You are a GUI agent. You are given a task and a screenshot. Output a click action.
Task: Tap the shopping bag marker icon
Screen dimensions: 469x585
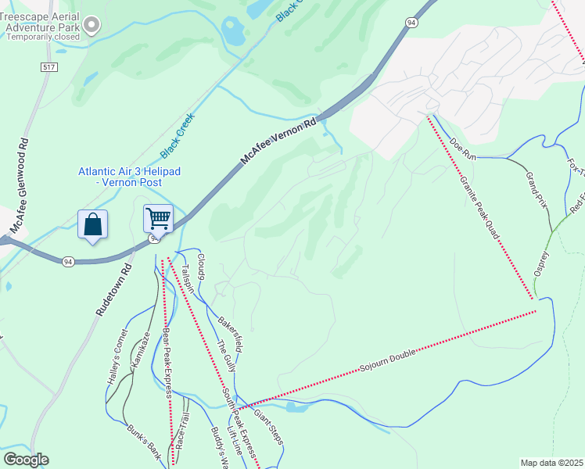pos(93,224)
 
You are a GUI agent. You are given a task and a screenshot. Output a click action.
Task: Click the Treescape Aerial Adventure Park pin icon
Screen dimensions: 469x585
pos(92,25)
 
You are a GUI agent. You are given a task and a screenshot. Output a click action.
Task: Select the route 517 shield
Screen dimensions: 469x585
pos(49,68)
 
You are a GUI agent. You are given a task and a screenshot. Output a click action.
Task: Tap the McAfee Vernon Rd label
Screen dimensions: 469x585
pos(278,140)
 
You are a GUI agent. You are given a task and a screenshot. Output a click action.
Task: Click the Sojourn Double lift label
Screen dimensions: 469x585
pos(397,357)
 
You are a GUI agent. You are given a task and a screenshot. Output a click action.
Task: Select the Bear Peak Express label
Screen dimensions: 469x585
pos(167,363)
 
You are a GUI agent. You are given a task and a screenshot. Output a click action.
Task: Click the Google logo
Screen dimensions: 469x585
pos(26,460)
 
